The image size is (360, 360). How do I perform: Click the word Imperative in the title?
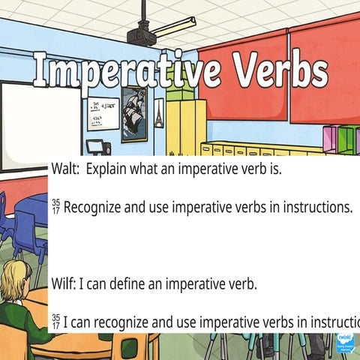pos(124,72)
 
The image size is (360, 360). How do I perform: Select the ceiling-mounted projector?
pos(141,34)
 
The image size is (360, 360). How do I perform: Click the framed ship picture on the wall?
pos(134,112)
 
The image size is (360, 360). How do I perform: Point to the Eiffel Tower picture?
pos(158,112)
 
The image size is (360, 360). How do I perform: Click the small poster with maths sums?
pos(103,113)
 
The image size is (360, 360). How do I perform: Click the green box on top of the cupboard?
pos(178,91)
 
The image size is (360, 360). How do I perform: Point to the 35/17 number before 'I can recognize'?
pos(55,322)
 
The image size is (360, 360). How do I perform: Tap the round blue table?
pos(34,207)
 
